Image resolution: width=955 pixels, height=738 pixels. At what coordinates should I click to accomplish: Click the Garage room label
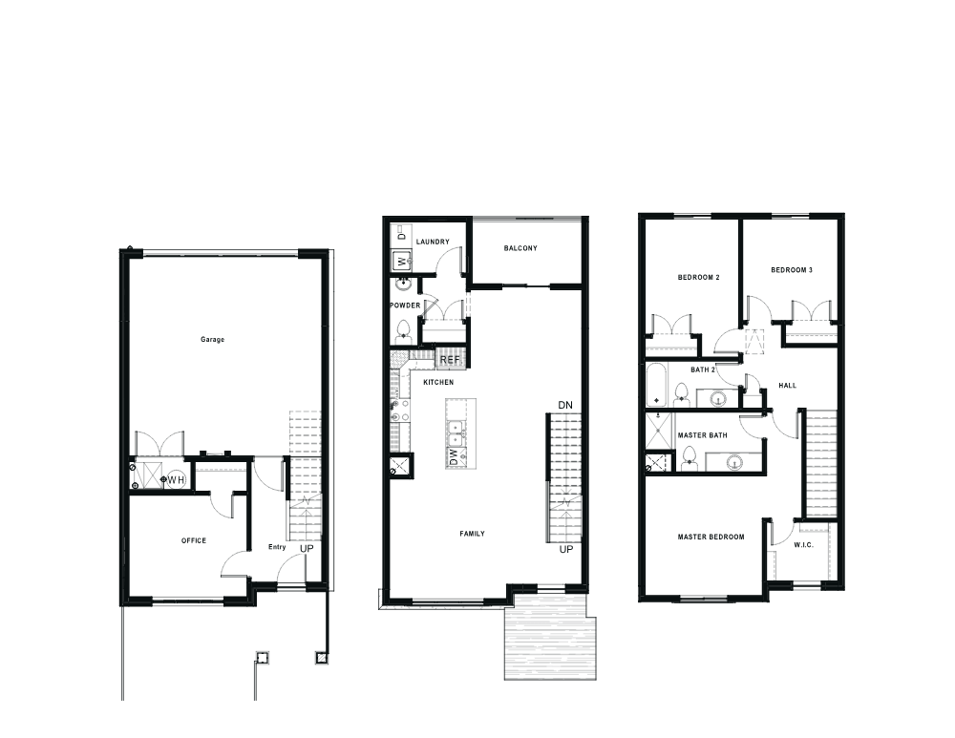coord(213,339)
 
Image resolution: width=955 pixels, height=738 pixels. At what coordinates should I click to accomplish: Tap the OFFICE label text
coord(194,540)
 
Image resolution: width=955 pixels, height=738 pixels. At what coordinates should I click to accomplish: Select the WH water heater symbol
coord(176,480)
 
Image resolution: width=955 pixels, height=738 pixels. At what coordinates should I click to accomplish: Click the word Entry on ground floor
coord(277,547)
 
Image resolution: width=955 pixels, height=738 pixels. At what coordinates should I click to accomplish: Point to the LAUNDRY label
coord(433,242)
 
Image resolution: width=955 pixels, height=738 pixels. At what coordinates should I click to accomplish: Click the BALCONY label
coord(520,248)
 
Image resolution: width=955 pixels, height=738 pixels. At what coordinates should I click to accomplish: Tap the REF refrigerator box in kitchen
coord(450,359)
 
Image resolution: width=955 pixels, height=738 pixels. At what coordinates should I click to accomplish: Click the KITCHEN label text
coord(438,382)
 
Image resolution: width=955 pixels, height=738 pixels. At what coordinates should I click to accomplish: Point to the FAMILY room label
coord(472,534)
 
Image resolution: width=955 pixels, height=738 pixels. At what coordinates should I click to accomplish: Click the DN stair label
coord(565,405)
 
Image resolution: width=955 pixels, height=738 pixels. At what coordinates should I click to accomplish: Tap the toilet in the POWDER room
coord(403,331)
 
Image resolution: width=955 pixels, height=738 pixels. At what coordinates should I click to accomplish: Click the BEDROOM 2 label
coord(699,277)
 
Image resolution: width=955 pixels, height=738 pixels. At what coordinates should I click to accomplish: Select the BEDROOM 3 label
coord(792,270)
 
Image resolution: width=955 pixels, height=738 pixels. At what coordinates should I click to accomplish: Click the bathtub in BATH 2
coord(657,385)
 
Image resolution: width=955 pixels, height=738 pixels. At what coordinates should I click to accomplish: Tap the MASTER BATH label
coord(702,434)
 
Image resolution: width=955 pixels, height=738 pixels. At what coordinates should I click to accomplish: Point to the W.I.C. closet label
coord(803,544)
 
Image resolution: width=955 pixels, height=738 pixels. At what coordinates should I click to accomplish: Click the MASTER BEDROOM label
coord(711,537)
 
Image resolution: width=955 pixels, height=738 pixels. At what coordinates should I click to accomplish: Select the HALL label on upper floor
coord(788,385)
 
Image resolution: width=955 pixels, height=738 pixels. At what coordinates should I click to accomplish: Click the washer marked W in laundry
coord(401,260)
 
